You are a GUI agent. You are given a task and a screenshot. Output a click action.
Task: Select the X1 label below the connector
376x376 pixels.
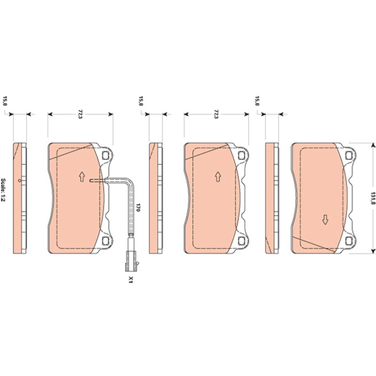click(x=131, y=280)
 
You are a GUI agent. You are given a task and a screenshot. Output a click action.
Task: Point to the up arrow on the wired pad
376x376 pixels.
click(x=82, y=177)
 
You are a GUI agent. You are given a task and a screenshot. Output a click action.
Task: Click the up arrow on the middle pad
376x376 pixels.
click(x=218, y=177)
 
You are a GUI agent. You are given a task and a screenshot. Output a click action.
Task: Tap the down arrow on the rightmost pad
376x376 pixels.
click(x=325, y=219)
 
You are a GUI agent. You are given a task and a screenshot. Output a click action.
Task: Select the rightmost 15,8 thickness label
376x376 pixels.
click(x=257, y=101)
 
